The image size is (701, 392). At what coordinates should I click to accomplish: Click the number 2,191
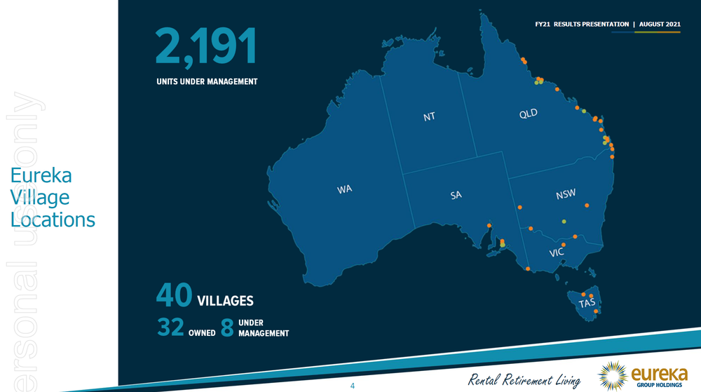tap(206, 46)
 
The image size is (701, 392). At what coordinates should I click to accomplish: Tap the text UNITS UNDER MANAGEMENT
tap(207, 81)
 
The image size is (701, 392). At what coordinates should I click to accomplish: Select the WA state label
tap(344, 189)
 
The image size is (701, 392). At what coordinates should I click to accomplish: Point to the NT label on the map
tap(429, 116)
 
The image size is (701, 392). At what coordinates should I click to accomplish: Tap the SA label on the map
tap(456, 195)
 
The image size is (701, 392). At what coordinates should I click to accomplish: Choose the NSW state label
tap(566, 194)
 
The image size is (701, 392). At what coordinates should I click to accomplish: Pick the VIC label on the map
tap(557, 252)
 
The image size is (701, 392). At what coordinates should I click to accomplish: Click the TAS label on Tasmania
tap(587, 303)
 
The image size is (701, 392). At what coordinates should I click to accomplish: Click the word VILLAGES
tap(225, 301)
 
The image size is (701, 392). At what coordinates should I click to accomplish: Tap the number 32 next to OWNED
tap(170, 327)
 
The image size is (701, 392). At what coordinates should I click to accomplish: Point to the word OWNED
tap(202, 332)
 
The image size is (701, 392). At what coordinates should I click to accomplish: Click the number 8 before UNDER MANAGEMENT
tap(226, 327)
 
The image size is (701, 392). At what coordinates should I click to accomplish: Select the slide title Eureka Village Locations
tap(53, 197)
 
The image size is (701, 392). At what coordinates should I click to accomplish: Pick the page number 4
tap(353, 386)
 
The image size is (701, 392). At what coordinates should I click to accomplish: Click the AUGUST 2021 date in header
tap(660, 24)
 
